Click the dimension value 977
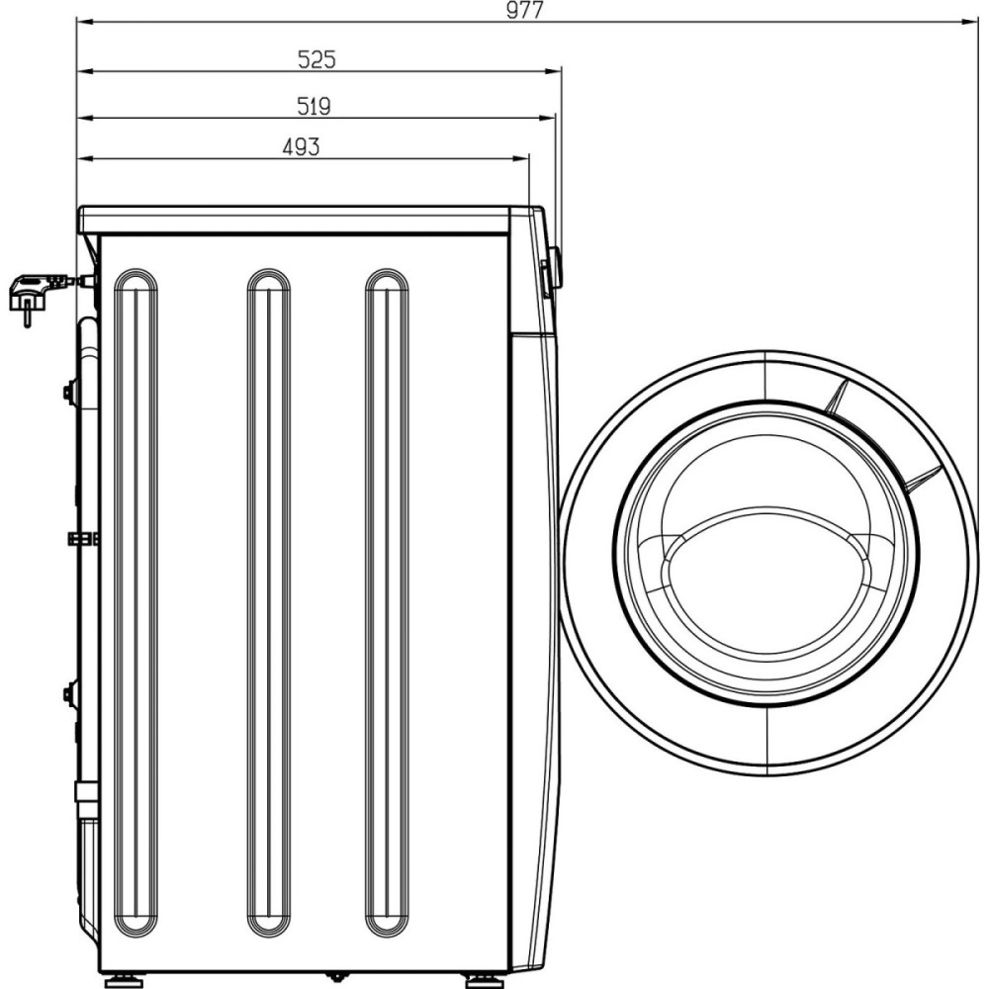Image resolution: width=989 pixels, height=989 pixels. click(525, 10)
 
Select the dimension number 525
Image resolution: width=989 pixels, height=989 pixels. click(316, 60)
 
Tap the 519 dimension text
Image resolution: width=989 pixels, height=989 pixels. click(315, 107)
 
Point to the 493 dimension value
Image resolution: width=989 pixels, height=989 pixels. click(301, 147)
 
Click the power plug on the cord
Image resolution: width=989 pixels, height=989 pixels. click(31, 297)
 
